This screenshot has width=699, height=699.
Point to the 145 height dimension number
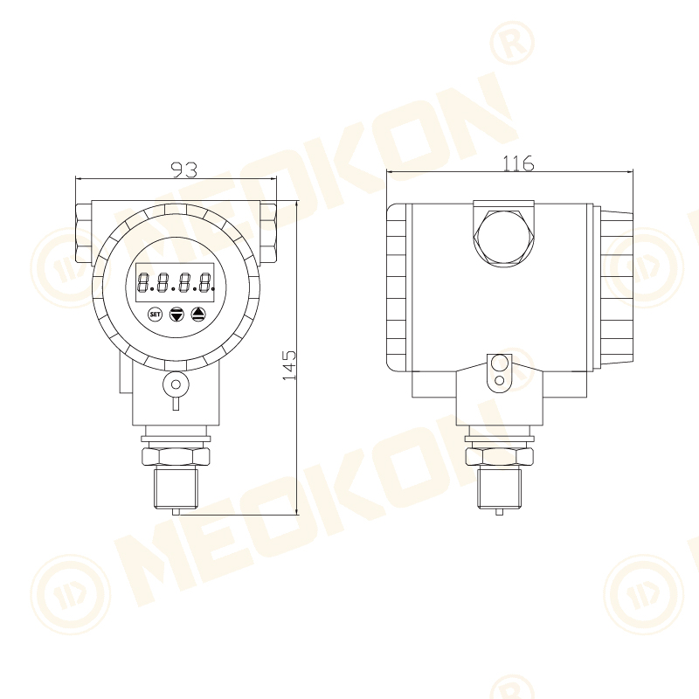tap(289, 365)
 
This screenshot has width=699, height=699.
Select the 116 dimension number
tap(518, 163)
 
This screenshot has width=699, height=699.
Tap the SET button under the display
tap(156, 313)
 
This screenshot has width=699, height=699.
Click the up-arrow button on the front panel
tap(198, 313)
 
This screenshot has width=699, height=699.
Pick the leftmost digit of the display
tap(144, 283)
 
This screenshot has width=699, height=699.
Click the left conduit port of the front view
tap(84, 233)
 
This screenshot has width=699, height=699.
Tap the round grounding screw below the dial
tap(176, 384)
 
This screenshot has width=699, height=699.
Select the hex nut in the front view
tap(176, 456)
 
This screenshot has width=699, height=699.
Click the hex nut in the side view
tap(499, 456)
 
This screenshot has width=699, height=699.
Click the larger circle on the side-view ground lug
tap(499, 363)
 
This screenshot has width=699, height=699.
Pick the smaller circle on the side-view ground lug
tap(499, 380)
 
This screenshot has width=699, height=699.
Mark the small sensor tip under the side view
tap(499, 511)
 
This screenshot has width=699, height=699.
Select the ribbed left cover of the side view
tap(398, 287)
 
